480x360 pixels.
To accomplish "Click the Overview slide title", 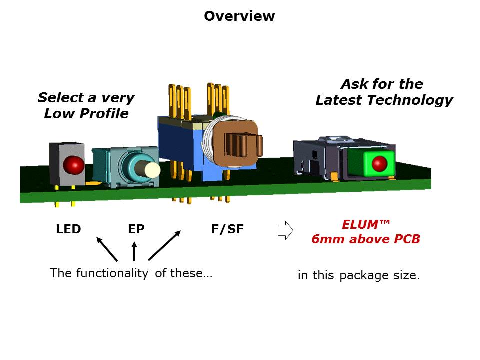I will (239, 16).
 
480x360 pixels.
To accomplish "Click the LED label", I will (68, 229).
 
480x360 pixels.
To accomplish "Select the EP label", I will (136, 229).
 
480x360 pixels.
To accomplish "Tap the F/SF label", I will (227, 229).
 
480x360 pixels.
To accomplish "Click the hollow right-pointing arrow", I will (284, 230).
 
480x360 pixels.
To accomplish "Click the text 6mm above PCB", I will (365, 239).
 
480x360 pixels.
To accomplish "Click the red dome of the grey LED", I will (73, 163).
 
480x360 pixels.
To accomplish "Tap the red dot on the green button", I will (380, 163).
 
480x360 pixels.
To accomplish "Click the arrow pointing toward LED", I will (107, 249).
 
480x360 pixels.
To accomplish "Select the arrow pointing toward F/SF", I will (164, 245).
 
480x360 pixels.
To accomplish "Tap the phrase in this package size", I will (359, 275).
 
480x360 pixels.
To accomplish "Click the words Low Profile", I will (86, 114).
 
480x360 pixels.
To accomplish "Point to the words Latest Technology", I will (383, 100).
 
